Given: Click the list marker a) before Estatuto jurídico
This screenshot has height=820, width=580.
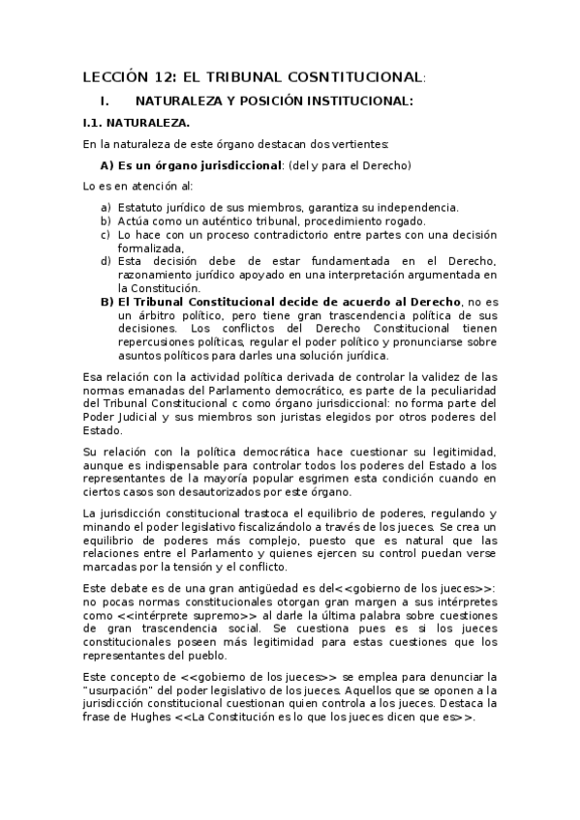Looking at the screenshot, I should click(x=106, y=207).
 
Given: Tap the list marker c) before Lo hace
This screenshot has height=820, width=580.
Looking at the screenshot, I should click(x=106, y=234).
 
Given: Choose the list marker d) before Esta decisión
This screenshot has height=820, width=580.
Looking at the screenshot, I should click(x=106, y=261).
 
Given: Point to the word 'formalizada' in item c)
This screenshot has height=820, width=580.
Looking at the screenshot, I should click(x=149, y=248).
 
